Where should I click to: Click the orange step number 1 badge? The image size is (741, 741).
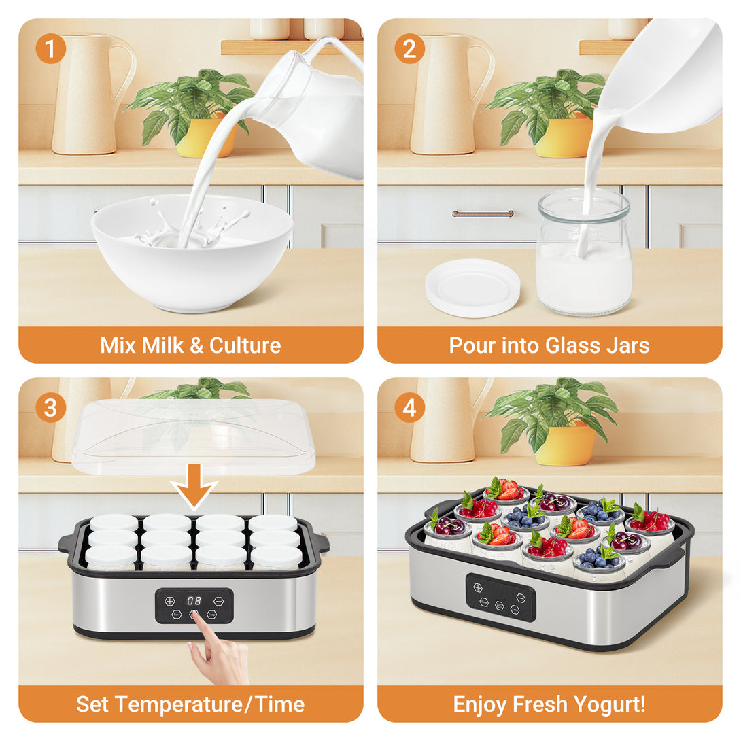click(x=50, y=49)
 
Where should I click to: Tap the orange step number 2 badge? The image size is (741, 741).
click(x=410, y=49)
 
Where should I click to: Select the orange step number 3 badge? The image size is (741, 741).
click(x=50, y=408)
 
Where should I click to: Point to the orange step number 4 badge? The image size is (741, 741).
click(x=410, y=408)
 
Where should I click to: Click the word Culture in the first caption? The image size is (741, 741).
click(x=245, y=345)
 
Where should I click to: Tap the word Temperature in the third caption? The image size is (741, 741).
click(x=179, y=704)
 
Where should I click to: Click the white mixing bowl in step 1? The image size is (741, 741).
click(x=192, y=255)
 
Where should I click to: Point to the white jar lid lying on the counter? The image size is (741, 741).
click(x=472, y=288)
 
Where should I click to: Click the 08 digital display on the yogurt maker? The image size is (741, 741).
click(x=194, y=601)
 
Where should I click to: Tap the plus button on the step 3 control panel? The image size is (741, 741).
click(x=169, y=601)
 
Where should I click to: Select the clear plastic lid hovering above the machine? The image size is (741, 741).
click(x=194, y=436)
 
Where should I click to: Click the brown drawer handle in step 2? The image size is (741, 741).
click(x=483, y=213)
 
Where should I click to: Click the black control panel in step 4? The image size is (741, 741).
click(x=501, y=598)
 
